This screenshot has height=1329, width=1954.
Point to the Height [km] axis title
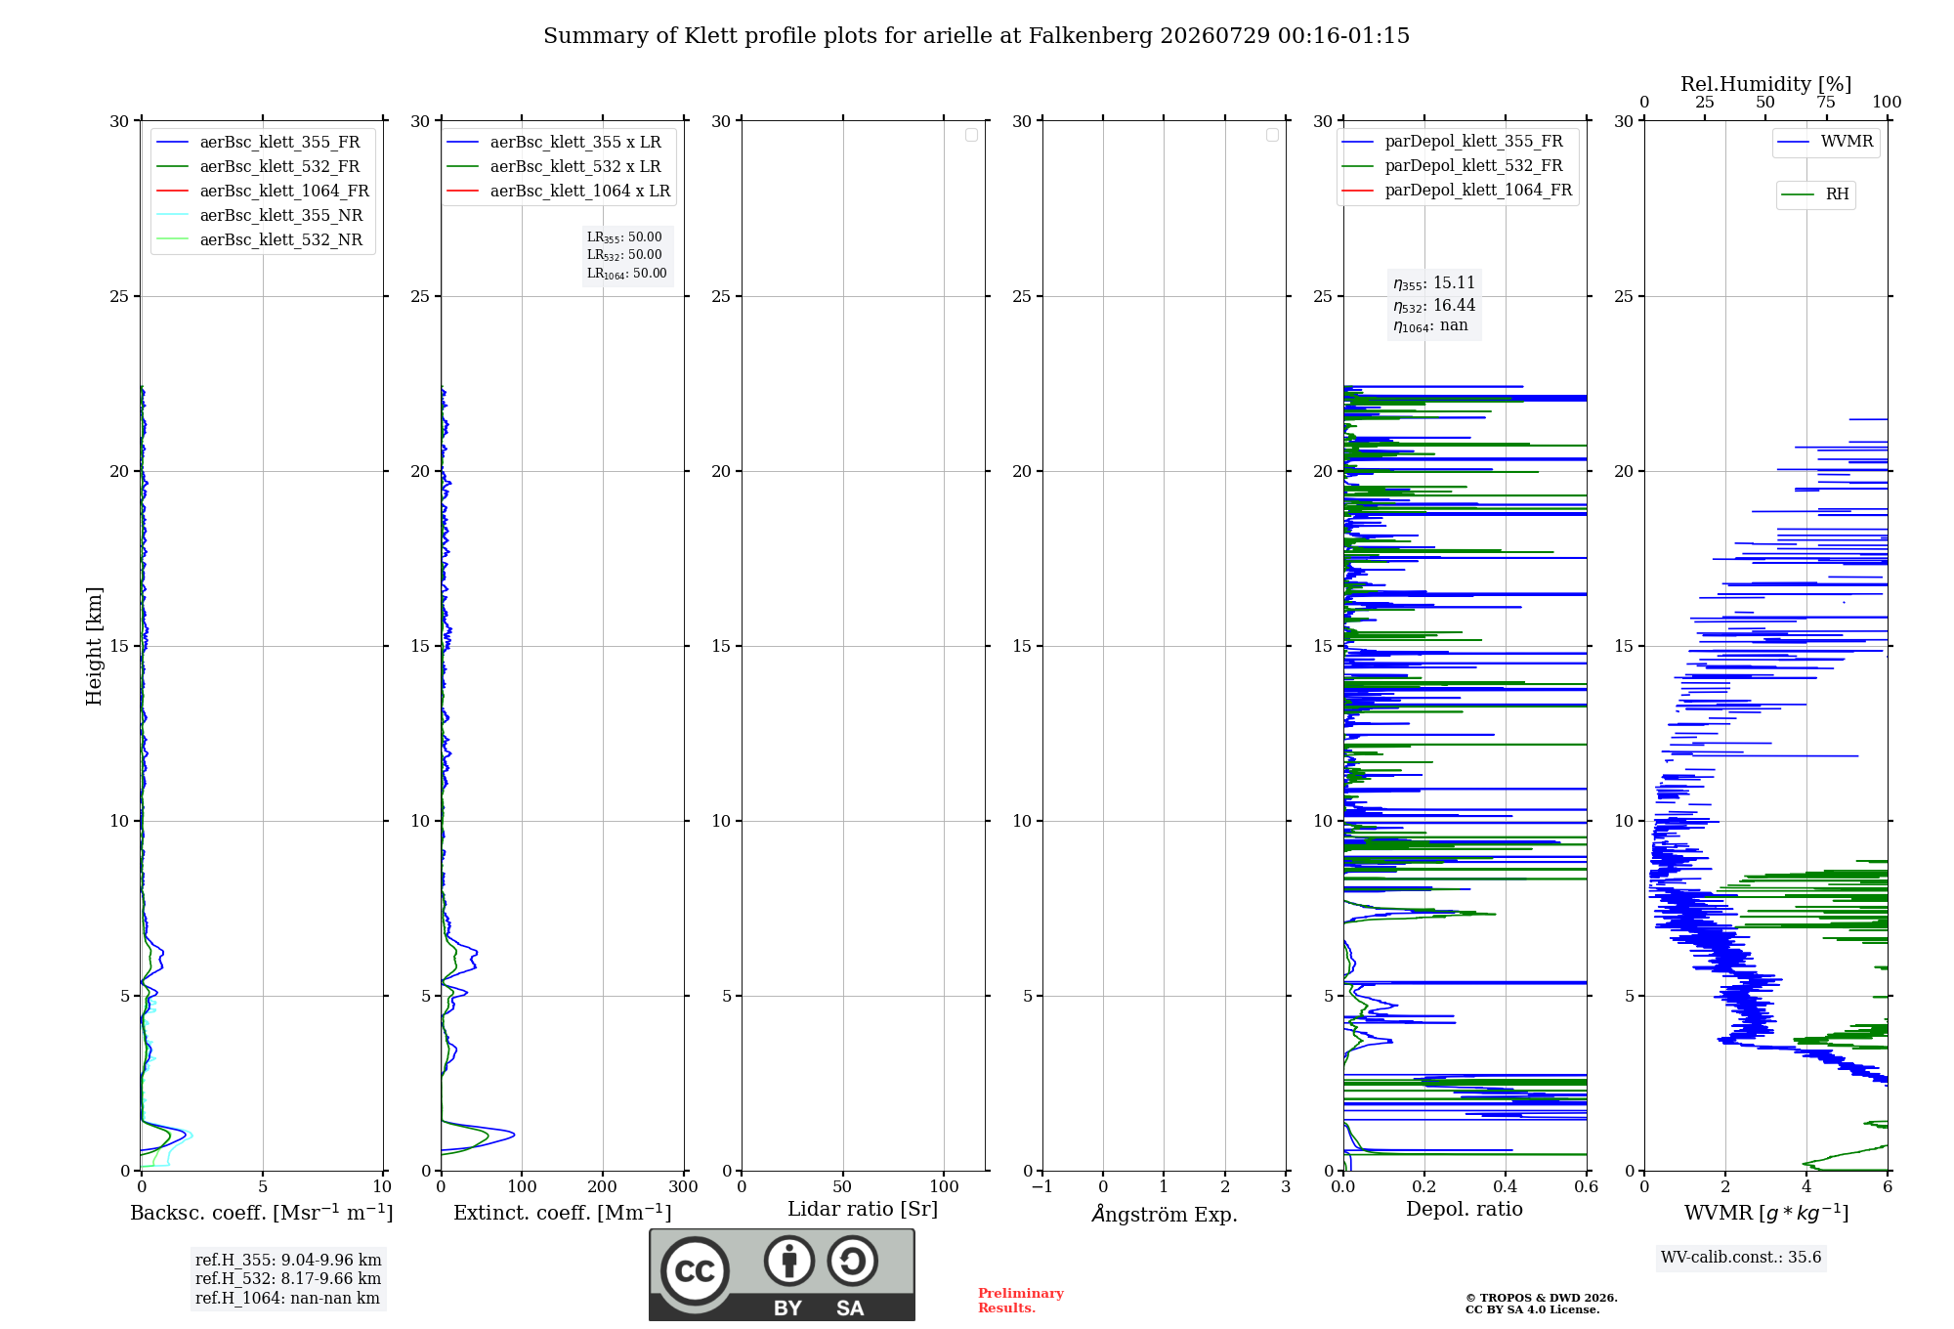[94, 646]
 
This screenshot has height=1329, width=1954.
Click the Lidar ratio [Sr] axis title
[863, 1209]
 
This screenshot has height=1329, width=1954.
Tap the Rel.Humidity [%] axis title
[1766, 84]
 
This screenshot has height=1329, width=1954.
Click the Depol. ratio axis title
[1465, 1209]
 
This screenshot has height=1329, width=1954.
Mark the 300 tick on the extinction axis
[684, 1186]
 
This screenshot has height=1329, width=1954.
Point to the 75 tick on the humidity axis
[1826, 102]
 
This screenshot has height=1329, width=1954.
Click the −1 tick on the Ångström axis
[1042, 1186]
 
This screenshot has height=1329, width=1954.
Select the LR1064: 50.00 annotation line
[626, 274]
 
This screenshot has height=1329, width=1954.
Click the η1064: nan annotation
[1430, 325]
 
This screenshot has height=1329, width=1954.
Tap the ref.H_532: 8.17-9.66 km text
[288, 1278]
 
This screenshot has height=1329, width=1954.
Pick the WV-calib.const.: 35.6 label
[1741, 1257]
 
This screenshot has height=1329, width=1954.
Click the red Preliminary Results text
[1021, 1301]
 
